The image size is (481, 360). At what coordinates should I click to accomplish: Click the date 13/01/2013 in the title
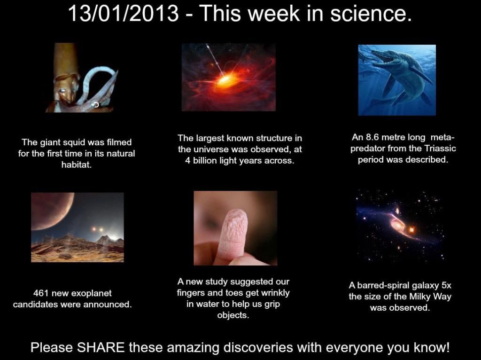click(x=124, y=14)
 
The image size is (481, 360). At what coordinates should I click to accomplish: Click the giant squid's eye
click(x=62, y=91)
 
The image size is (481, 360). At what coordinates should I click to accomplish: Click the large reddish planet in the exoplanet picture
click(x=51, y=210)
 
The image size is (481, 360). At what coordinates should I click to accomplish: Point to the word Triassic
click(x=440, y=149)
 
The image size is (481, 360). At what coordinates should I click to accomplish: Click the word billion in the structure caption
click(x=204, y=161)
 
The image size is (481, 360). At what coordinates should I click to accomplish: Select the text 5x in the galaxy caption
click(x=446, y=286)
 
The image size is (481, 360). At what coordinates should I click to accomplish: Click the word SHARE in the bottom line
click(x=101, y=347)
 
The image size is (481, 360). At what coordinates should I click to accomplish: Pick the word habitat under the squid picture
click(x=77, y=164)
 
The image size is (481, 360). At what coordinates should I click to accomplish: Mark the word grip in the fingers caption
click(x=273, y=305)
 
